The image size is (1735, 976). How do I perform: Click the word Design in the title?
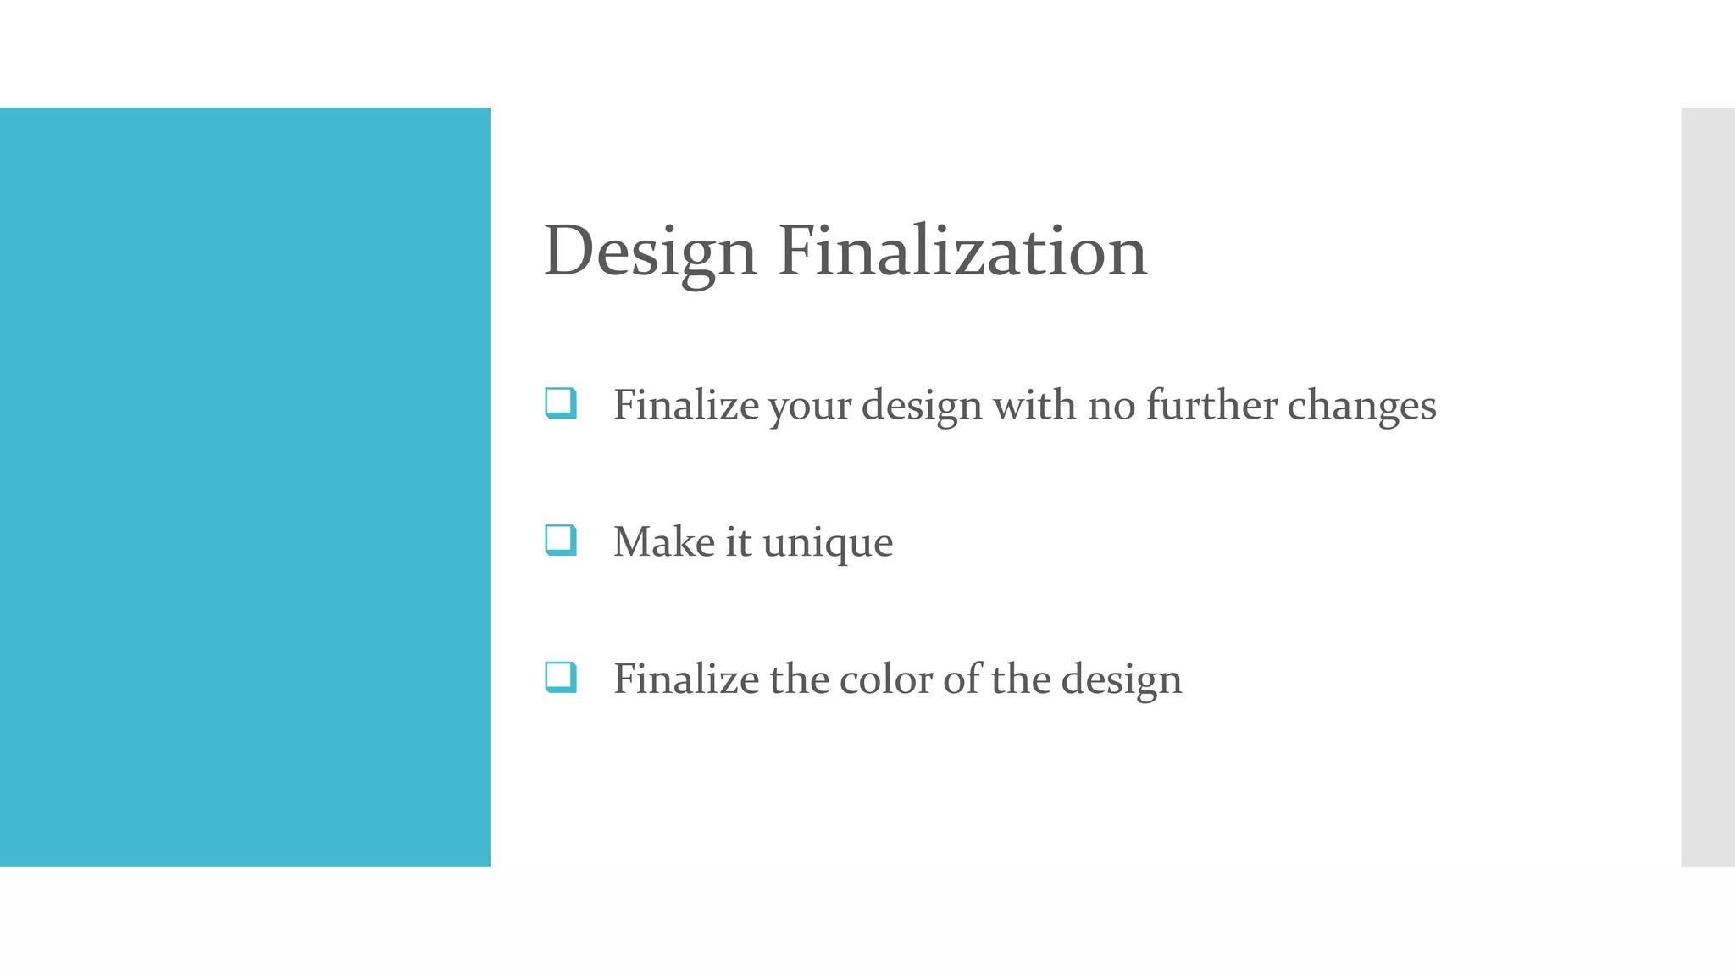click(x=650, y=252)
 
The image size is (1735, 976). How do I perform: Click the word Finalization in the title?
click(x=962, y=252)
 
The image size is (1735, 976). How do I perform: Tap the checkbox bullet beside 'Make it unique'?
click(x=561, y=541)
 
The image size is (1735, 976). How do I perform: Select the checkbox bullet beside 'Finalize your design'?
click(x=561, y=403)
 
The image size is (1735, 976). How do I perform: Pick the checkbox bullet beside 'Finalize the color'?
click(x=561, y=678)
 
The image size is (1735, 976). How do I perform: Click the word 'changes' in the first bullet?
click(x=1361, y=406)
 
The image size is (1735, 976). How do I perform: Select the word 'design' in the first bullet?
click(x=922, y=406)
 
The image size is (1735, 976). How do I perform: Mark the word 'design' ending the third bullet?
click(x=1121, y=680)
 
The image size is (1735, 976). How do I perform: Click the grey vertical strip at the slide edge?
click(x=1707, y=487)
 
